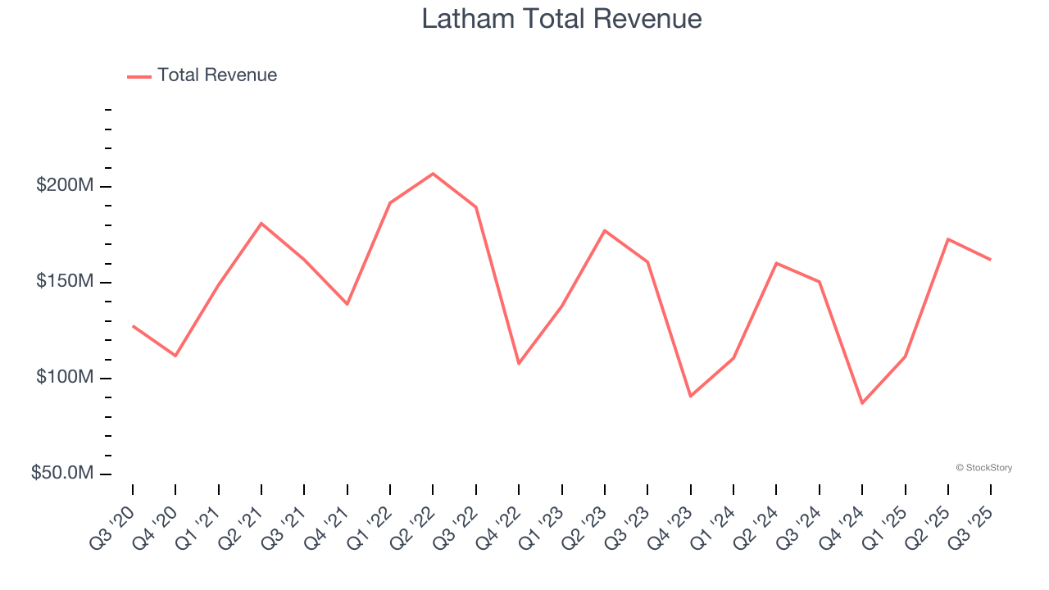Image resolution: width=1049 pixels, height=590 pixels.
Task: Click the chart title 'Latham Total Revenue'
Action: pos(561,19)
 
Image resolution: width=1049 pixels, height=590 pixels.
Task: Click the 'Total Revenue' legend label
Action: pos(217,75)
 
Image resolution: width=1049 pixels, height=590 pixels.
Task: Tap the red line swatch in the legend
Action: pos(139,76)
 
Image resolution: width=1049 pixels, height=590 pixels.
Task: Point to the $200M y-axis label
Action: pos(65,186)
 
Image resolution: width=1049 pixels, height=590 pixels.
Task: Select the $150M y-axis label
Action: pos(65,282)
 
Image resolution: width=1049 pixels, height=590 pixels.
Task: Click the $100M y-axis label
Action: pos(65,378)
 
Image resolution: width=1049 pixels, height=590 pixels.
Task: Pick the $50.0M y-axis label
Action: pos(62,474)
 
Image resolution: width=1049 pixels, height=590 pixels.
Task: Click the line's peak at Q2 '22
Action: pos(433,174)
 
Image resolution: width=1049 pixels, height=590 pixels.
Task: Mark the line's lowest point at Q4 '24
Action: pos(862,403)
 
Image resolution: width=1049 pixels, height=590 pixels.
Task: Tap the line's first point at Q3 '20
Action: pos(133,326)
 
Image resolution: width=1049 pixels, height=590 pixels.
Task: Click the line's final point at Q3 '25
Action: pos(991,260)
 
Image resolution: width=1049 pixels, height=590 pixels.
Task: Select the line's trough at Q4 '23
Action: pos(691,397)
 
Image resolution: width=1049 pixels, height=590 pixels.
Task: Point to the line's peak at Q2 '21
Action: pos(261,223)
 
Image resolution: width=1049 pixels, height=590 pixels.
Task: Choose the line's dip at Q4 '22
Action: pos(519,364)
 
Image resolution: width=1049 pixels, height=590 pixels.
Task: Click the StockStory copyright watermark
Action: pos(983,468)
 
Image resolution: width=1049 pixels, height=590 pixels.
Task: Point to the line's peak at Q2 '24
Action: pos(776,263)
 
